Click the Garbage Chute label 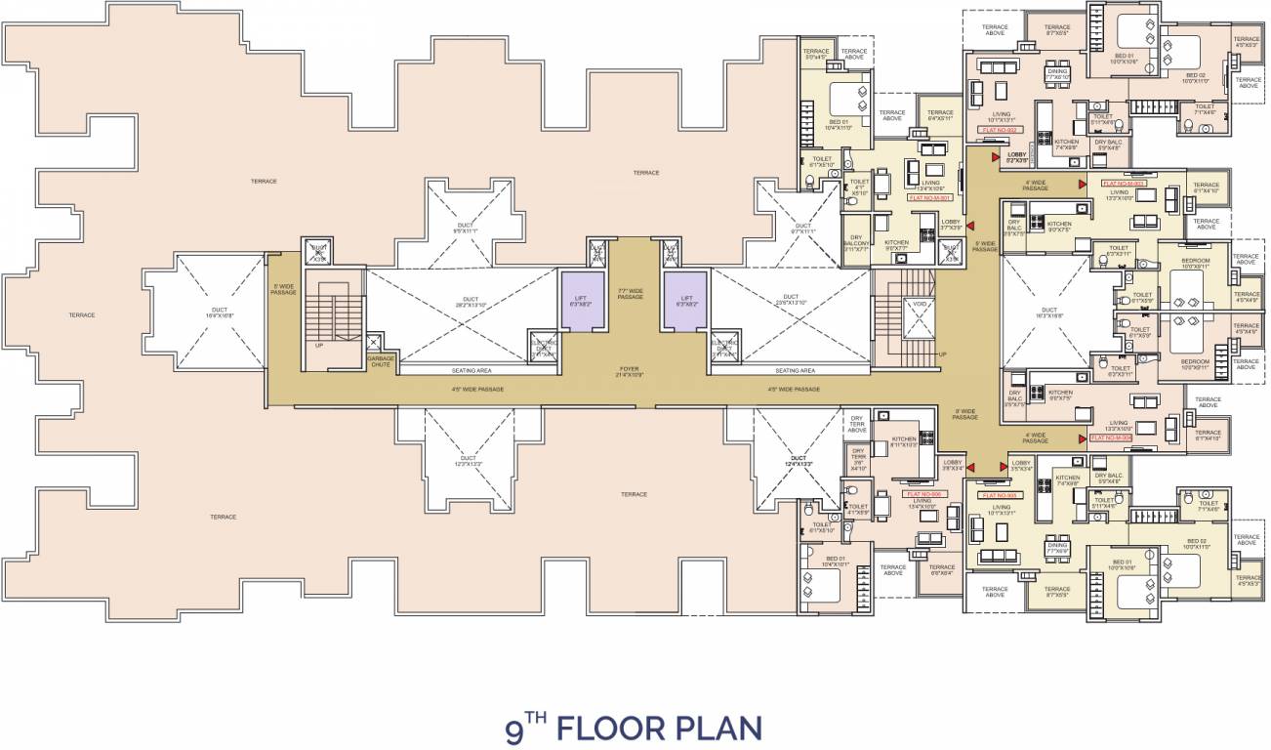(x=381, y=361)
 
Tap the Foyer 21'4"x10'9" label (x=629, y=372)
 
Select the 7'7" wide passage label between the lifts (x=631, y=293)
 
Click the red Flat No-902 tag (x=1000, y=129)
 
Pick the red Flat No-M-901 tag (x=928, y=198)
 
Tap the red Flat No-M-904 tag (x=1110, y=437)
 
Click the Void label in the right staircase (x=919, y=305)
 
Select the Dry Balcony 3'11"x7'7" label (x=856, y=244)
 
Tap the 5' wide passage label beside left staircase (x=283, y=289)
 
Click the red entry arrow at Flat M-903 (x=1083, y=183)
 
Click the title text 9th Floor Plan (x=633, y=728)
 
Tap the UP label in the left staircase (x=319, y=345)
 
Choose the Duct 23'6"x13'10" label (x=790, y=300)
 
